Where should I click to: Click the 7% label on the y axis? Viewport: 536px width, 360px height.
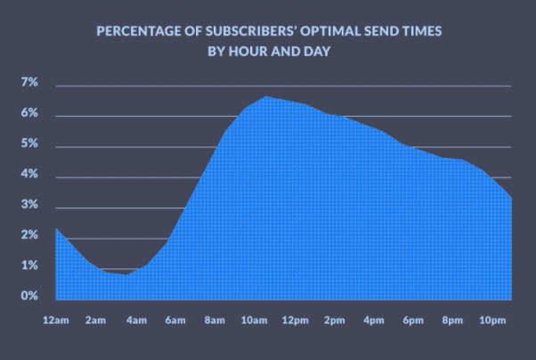[x=29, y=84]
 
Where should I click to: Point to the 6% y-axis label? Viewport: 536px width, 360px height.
[x=29, y=114]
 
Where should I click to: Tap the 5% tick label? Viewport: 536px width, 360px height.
[x=29, y=144]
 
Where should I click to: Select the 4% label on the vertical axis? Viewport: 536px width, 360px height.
[x=29, y=175]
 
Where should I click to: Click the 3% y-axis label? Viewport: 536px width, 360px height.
[x=29, y=205]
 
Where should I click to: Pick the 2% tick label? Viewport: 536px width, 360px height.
[x=29, y=235]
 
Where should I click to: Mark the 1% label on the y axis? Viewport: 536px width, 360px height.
[x=29, y=266]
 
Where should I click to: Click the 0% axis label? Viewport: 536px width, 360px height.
[x=29, y=296]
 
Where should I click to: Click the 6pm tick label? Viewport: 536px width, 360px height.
[x=414, y=321]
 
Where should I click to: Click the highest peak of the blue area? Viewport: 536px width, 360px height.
[x=264, y=96]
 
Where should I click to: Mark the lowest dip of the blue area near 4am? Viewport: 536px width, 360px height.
[x=126, y=274]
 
